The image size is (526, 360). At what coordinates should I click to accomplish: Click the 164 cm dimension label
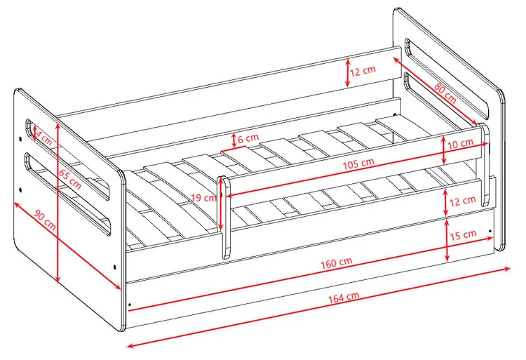(x=343, y=298)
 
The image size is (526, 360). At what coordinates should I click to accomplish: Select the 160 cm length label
(x=337, y=262)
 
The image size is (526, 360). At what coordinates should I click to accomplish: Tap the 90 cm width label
(x=45, y=220)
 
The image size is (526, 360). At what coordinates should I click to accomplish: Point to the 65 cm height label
(x=70, y=179)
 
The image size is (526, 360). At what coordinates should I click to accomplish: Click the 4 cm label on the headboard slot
(x=44, y=138)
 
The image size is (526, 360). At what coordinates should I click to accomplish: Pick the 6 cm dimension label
(x=248, y=138)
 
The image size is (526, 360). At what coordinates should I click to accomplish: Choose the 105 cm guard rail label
(x=358, y=164)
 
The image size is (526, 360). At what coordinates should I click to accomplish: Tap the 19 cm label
(x=203, y=198)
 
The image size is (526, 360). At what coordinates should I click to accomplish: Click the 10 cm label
(x=460, y=144)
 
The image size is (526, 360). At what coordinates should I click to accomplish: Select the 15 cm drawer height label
(x=463, y=235)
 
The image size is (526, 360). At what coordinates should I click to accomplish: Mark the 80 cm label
(x=445, y=93)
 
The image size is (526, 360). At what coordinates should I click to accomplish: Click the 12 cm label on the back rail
(x=363, y=71)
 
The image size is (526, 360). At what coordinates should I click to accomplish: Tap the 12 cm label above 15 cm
(x=463, y=201)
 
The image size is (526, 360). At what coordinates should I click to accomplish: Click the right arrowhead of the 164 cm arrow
(x=510, y=268)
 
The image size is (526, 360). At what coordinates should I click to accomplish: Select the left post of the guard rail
(x=224, y=218)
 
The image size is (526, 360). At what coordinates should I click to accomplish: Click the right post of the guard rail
(x=484, y=164)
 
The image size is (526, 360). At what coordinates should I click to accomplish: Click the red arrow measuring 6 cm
(x=234, y=140)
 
